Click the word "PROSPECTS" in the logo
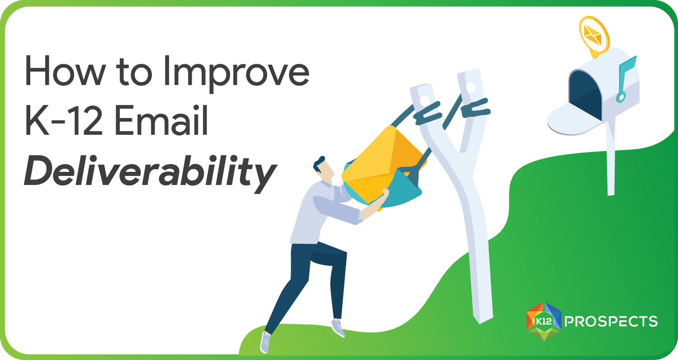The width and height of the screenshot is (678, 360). tap(611, 322)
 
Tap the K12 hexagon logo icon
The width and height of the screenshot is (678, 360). tap(544, 321)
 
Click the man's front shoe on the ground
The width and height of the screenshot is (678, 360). tap(266, 341)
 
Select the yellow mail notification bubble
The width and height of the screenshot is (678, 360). tap(593, 33)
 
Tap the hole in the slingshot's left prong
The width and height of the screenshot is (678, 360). tap(424, 98)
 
